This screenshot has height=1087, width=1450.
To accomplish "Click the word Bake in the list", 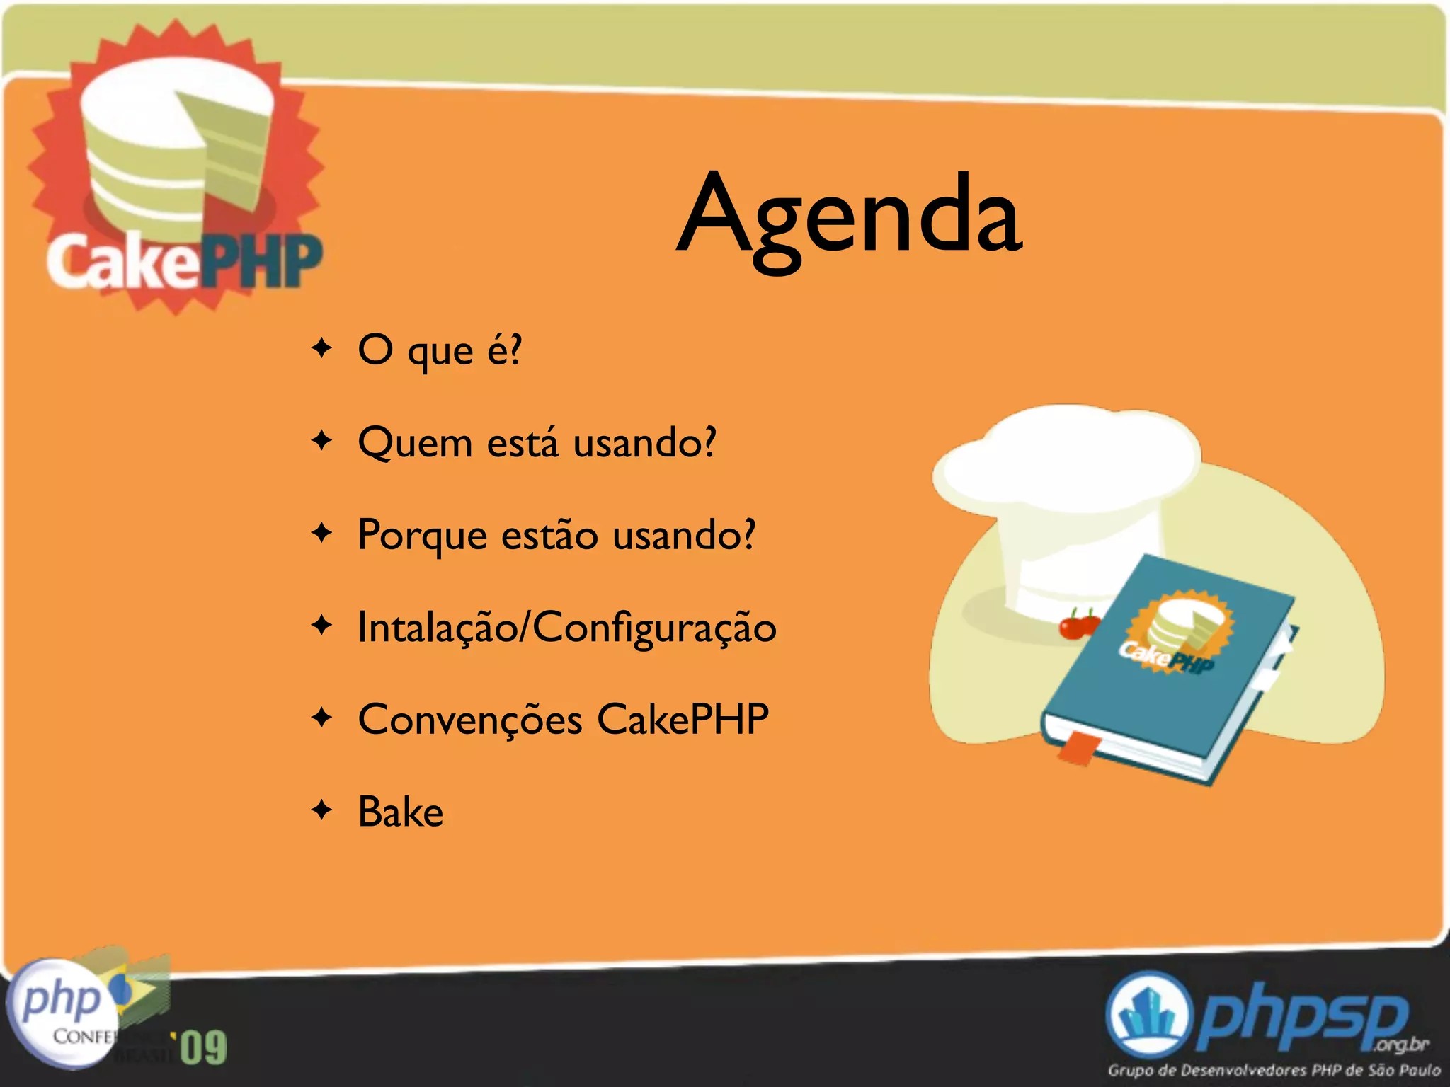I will (401, 812).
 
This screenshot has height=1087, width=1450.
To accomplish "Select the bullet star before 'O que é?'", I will (322, 348).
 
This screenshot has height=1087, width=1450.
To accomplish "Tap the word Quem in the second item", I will (415, 444).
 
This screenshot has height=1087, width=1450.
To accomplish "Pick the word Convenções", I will (469, 720).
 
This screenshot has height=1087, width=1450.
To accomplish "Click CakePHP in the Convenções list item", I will (683, 720).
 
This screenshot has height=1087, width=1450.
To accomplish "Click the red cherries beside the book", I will (1078, 625).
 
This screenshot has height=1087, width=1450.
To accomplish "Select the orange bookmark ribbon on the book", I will (1078, 749).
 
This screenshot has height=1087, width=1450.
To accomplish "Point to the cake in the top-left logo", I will (177, 149).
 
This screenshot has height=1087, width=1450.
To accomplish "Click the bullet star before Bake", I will (322, 810).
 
